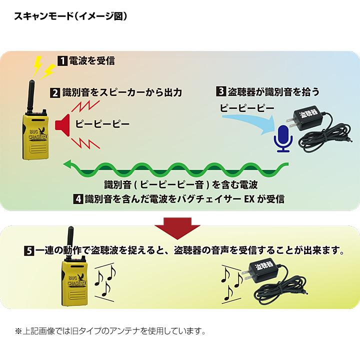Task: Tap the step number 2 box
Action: click(x=55, y=92)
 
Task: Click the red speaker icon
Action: click(x=61, y=123)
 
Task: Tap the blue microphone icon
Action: click(x=283, y=138)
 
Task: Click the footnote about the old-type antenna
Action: click(x=110, y=331)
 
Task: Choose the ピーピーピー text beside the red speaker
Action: click(x=102, y=123)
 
